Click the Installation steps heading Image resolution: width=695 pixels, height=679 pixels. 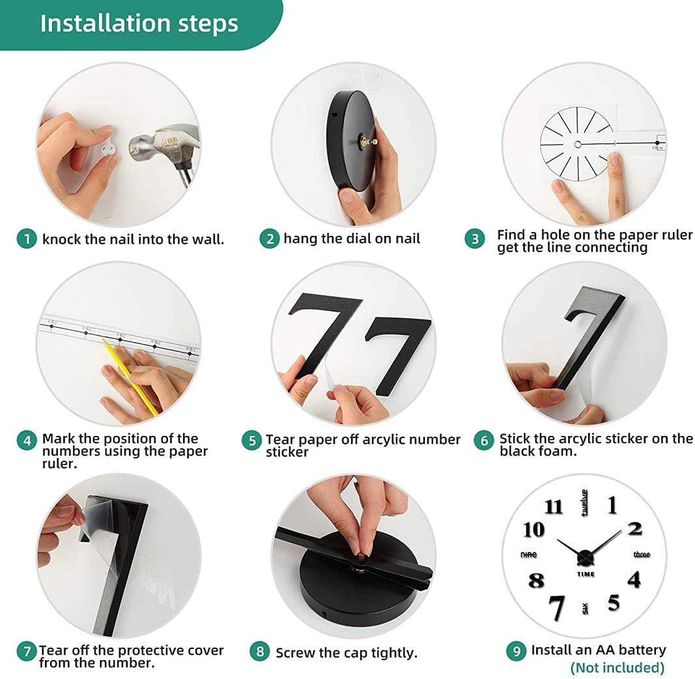pos(139,23)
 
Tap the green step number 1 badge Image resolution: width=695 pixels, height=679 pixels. pos(27,239)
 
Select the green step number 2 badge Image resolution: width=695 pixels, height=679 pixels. pos(270,239)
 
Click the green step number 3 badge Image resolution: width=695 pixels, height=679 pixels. pos(475,239)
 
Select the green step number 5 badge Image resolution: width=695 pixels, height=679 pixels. pos(252,441)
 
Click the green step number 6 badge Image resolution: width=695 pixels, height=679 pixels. pos(484,441)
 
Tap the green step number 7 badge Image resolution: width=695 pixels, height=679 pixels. pos(27,650)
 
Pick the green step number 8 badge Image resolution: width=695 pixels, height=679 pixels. pos(259,651)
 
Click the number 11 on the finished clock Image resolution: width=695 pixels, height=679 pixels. pos(553,506)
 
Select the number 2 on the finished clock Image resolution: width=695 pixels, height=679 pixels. pos(634,528)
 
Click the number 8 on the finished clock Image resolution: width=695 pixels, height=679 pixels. pos(536,580)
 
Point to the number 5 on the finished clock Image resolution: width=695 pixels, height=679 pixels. pos(614,603)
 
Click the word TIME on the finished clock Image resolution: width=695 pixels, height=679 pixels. pos(586,574)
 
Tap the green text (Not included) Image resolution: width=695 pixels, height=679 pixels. pos(617,667)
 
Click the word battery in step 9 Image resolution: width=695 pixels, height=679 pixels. pos(642,650)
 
